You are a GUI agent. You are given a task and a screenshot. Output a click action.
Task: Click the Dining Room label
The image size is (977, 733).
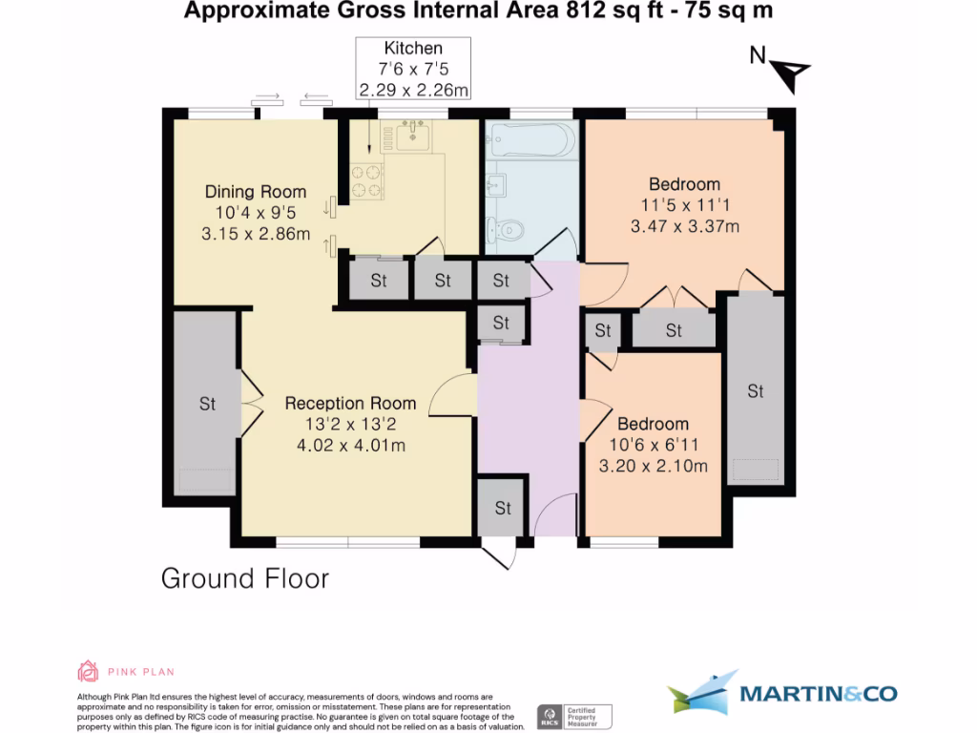coord(256,192)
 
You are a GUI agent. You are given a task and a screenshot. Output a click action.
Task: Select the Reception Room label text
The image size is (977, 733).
coord(350,403)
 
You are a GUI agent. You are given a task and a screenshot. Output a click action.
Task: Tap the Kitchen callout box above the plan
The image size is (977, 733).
coord(413,69)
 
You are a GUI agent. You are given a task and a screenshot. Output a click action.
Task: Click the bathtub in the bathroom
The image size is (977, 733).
coord(530,141)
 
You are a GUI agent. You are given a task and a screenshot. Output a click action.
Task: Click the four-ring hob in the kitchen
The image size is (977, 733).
coord(366,181)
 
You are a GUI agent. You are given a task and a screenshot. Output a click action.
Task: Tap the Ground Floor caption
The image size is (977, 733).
coord(244,578)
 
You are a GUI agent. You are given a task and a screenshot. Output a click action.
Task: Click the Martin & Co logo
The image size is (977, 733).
coord(781,693)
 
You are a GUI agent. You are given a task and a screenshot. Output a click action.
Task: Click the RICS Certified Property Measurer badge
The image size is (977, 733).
coord(574,716)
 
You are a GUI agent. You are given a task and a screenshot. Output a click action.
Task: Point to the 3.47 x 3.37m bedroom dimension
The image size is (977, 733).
coord(685,226)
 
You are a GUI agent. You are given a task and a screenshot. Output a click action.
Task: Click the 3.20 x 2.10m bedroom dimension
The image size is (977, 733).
coord(653,466)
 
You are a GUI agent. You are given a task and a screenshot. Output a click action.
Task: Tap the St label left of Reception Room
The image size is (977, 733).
coord(207,404)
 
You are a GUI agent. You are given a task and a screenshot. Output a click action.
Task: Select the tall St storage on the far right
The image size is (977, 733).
coord(756,390)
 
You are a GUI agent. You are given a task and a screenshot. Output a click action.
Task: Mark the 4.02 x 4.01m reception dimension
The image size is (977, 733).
coord(350,445)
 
